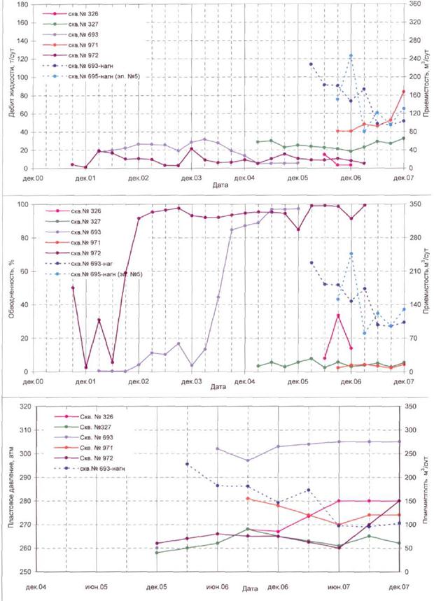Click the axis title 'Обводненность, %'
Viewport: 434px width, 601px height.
pos(12,287)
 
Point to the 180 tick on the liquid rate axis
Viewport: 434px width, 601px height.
pos(24,4)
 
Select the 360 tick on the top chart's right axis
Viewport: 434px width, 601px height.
pos(415,4)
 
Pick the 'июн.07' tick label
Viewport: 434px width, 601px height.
pos(338,586)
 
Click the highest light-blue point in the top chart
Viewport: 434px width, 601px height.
pos(351,56)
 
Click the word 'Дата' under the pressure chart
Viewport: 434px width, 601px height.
pos(251,590)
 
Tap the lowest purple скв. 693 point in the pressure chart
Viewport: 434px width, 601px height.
pos(247,460)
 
